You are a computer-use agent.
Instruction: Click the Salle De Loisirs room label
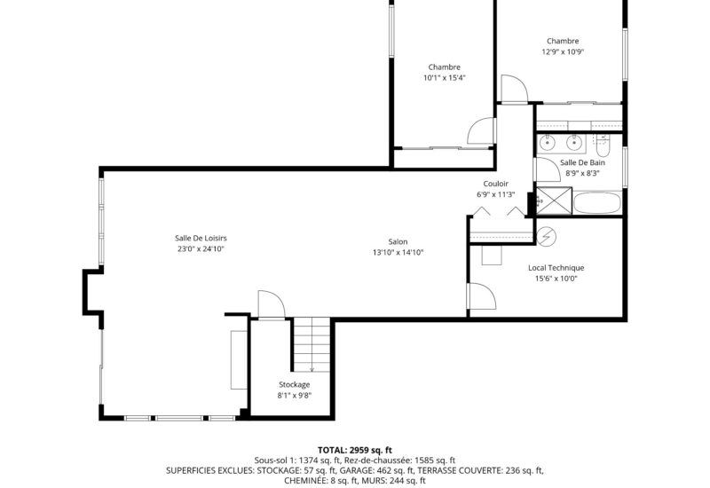click(x=201, y=238)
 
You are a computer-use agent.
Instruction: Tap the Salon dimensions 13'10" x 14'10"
click(x=398, y=253)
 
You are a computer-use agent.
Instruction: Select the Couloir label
click(x=495, y=184)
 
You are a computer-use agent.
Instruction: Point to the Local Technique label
click(x=556, y=268)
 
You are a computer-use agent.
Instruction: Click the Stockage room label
click(x=295, y=385)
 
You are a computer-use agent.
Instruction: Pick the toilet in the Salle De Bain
click(x=603, y=144)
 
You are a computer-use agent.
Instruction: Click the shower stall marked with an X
click(x=554, y=201)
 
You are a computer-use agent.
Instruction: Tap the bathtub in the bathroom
click(x=597, y=202)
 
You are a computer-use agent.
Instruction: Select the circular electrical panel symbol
click(x=546, y=236)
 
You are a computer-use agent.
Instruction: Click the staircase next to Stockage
click(x=312, y=345)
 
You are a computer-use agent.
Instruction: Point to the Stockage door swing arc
click(x=272, y=304)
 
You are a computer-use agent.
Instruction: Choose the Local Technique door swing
click(x=483, y=296)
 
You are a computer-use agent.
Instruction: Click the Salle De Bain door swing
click(x=548, y=169)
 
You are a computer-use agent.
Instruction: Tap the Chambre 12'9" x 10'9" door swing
click(x=515, y=89)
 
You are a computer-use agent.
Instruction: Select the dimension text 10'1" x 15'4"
click(x=445, y=78)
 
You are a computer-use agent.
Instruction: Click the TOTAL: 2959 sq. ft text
click(x=354, y=450)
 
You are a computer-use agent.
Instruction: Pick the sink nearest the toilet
click(x=574, y=143)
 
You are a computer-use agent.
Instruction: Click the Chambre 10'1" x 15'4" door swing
click(x=481, y=130)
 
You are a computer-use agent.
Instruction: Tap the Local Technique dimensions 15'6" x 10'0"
click(x=556, y=279)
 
